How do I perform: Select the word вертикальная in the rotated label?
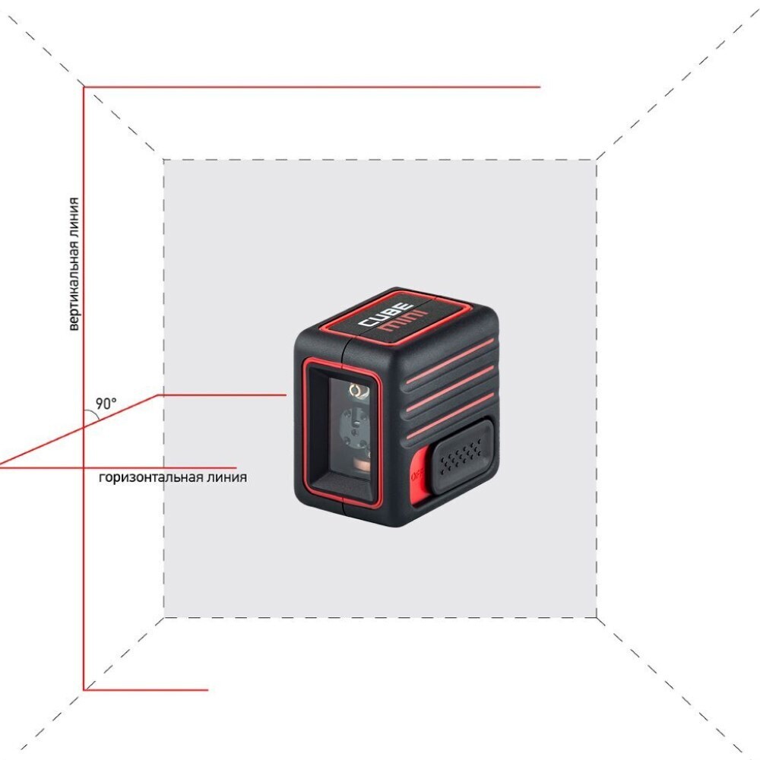pyautogui.click(x=74, y=290)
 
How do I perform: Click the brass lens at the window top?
pyautogui.click(x=355, y=390)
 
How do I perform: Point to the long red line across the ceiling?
pyautogui.click(x=312, y=87)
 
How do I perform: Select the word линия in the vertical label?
pyautogui.click(x=74, y=221)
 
